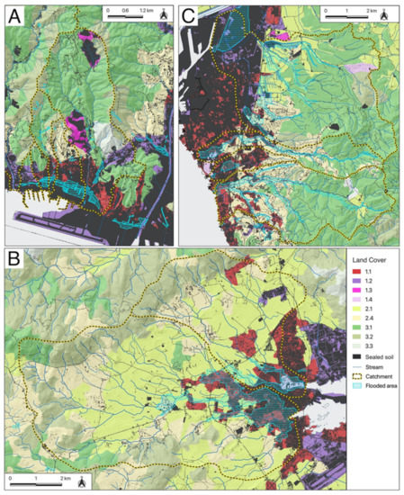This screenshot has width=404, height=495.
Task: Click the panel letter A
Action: point(15,14)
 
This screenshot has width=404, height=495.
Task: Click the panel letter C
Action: point(189,14)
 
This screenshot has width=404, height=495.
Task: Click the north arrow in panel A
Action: point(164,14)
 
